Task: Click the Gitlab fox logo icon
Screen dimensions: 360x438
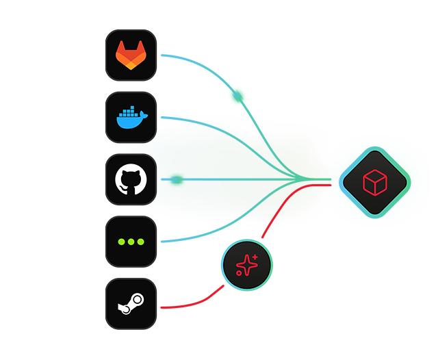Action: coord(131,55)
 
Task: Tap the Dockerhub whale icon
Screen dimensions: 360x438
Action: coord(131,118)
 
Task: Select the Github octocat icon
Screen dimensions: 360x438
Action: coord(131,180)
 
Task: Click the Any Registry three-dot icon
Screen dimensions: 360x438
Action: coord(131,242)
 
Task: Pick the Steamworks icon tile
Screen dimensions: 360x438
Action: coord(131,303)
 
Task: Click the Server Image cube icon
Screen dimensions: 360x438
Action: coord(374,182)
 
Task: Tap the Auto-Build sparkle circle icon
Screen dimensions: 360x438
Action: coord(246,265)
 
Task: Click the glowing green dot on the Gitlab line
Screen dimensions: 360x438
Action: coord(237,95)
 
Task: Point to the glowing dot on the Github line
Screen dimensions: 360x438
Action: coord(177,180)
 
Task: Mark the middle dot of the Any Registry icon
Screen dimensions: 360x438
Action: coord(131,242)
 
